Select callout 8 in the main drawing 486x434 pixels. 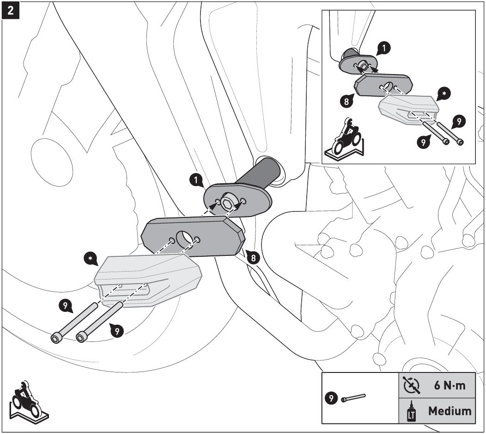pos(252,258)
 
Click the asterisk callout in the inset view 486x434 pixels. pos(443,93)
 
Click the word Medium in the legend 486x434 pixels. pos(450,410)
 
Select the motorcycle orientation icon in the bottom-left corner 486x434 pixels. pos(25,401)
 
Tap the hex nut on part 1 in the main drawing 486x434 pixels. pos(227,203)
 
